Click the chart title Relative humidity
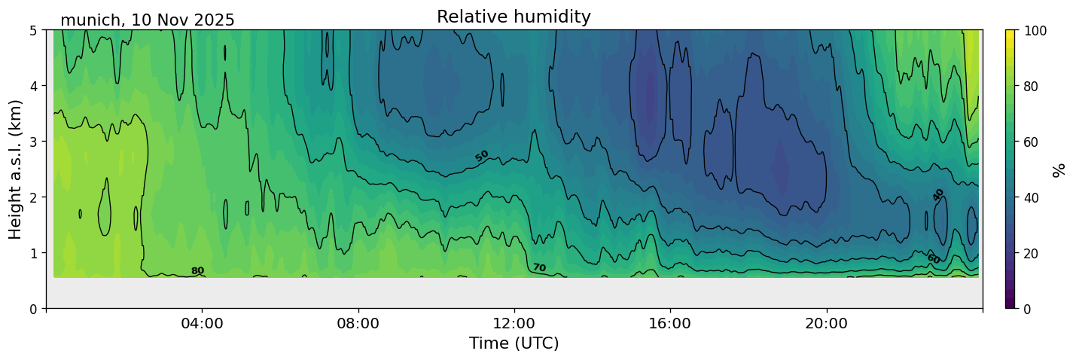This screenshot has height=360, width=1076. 514,17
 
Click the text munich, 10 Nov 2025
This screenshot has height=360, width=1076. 148,20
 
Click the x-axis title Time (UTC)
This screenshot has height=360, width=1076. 514,343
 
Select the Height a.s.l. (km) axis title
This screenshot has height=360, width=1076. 16,169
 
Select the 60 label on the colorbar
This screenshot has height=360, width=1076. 1032,142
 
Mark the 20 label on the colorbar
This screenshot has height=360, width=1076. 1032,253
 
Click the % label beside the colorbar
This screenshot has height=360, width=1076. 1059,169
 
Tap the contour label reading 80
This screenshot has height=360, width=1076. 197,271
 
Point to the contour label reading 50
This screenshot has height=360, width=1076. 482,156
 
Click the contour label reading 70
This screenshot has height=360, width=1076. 539,267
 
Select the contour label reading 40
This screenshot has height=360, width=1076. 938,194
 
